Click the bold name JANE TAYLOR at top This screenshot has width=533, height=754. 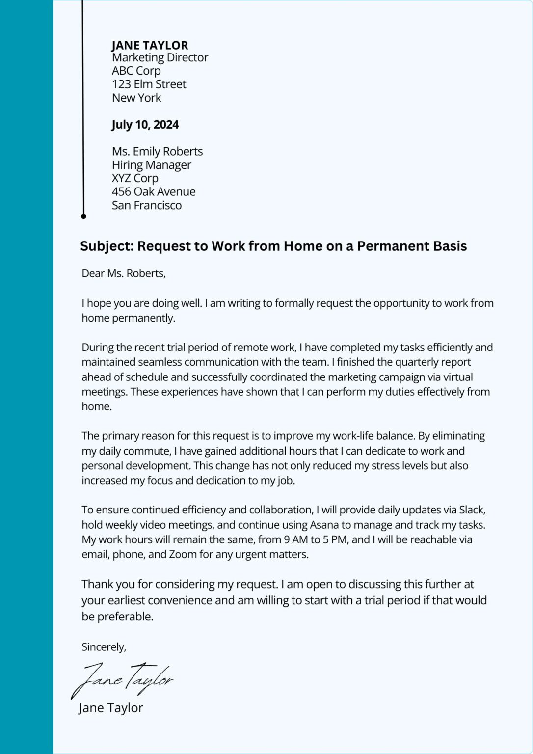click(x=150, y=45)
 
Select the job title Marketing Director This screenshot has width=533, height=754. click(x=160, y=58)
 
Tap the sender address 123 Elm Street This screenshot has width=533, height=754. click(x=149, y=84)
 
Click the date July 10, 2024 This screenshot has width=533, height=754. click(x=145, y=125)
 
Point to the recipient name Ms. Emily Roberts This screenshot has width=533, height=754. click(x=157, y=151)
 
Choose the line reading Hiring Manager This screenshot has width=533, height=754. click(x=151, y=165)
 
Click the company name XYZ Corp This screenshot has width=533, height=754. click(x=135, y=178)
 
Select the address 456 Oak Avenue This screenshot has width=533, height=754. click(x=154, y=192)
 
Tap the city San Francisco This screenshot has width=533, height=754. click(x=147, y=205)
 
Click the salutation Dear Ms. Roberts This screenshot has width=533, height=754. click(x=124, y=274)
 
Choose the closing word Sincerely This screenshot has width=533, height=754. click(x=104, y=647)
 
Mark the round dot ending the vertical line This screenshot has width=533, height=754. click(x=83, y=216)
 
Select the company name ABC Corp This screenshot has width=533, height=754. click(x=136, y=71)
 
